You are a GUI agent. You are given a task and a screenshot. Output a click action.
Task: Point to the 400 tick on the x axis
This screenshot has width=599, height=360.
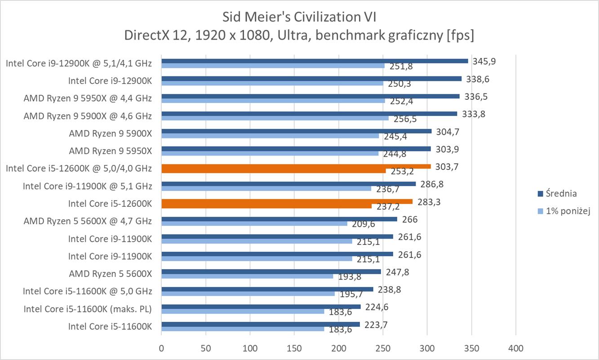515,348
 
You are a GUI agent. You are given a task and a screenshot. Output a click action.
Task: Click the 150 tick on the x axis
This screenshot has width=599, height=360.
294,348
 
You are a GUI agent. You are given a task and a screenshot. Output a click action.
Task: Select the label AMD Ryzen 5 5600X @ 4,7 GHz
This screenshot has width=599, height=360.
88,221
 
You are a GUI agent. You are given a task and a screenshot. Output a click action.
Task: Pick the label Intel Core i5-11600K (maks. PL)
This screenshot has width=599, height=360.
88,309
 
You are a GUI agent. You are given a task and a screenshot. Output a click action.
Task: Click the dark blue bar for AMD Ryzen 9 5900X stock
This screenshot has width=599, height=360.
296,131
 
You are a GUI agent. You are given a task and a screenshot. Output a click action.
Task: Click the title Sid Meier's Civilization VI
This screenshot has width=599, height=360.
299,17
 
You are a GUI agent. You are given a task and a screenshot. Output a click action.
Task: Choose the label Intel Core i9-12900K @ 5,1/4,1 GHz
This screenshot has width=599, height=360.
79,63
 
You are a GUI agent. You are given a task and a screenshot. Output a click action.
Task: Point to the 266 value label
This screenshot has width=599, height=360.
410,219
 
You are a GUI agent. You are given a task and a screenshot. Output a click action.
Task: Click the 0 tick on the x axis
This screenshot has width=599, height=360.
161,348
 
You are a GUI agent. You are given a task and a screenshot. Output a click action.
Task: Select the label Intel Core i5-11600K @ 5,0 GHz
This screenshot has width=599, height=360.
88,291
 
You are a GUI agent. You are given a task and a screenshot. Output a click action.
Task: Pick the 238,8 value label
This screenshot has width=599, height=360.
389,290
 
